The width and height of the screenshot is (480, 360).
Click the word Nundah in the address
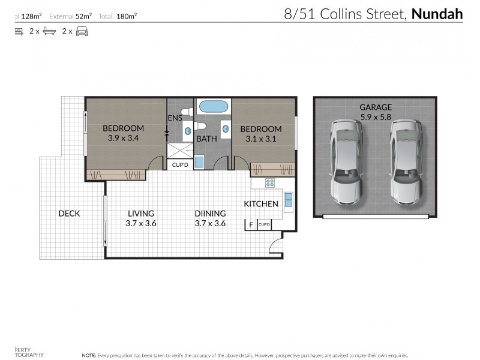437,14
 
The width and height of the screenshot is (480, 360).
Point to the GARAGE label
376,107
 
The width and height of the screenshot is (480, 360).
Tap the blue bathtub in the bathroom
213,107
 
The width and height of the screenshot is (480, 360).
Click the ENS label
175,118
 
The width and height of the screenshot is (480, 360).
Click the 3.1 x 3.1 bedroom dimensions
261,139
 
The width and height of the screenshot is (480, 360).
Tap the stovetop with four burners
270,184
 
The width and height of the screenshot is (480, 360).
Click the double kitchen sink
288,200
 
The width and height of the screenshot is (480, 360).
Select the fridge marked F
251,225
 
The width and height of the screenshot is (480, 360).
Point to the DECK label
69,214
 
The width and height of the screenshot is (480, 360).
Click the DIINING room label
210,213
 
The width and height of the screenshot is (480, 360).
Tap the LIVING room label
140,213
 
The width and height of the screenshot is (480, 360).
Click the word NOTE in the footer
88,355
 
